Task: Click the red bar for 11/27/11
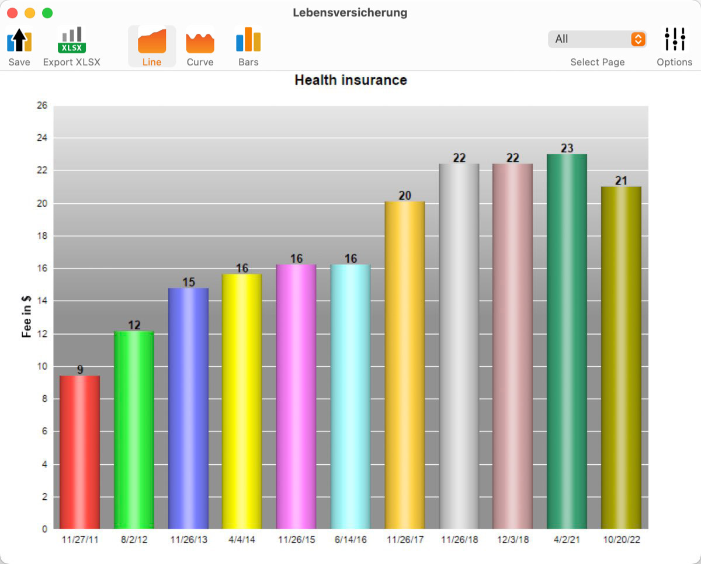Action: click(x=80, y=452)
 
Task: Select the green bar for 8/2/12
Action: click(x=134, y=430)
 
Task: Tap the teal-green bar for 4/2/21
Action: click(x=567, y=342)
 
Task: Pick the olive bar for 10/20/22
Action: click(x=621, y=357)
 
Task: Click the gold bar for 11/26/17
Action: click(x=405, y=365)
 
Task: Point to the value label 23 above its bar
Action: click(x=567, y=148)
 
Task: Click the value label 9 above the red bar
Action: click(x=80, y=370)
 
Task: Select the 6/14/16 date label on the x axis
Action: click(x=350, y=539)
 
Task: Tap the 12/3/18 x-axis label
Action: click(x=513, y=539)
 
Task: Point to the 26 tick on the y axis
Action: click(x=42, y=105)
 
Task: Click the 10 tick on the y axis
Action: click(x=42, y=366)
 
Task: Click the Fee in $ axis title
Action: click(x=26, y=316)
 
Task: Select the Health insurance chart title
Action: click(x=351, y=80)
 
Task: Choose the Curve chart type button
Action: click(x=200, y=46)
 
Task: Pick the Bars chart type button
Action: click(x=248, y=46)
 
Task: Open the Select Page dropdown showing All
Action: click(x=598, y=39)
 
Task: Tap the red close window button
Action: click(x=12, y=13)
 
